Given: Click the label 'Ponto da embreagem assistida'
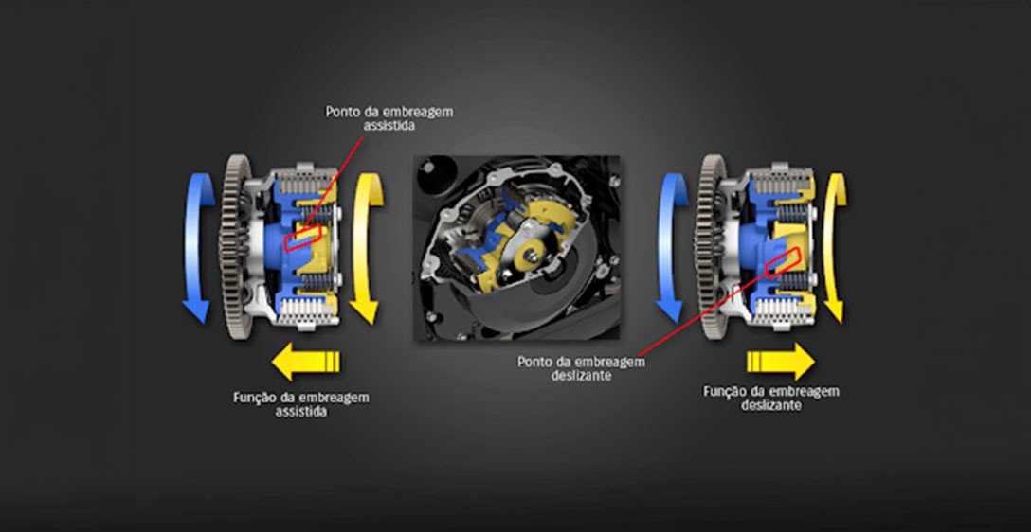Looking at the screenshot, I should coord(389,118).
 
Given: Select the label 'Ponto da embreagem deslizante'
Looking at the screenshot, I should coord(581,368).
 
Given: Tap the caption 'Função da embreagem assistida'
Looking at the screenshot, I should coord(301,404).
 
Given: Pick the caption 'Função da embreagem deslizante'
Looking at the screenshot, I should coord(770,398).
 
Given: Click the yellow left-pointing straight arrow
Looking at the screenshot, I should coord(305,361).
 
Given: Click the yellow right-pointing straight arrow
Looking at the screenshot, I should coord(780,361).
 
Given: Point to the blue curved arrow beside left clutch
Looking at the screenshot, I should coord(194,246).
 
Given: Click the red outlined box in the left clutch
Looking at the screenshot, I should coord(303,239).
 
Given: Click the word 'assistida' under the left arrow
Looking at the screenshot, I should coord(301,413).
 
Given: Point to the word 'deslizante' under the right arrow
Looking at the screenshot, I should coord(770,405).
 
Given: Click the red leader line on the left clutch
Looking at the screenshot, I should coord(332,180).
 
